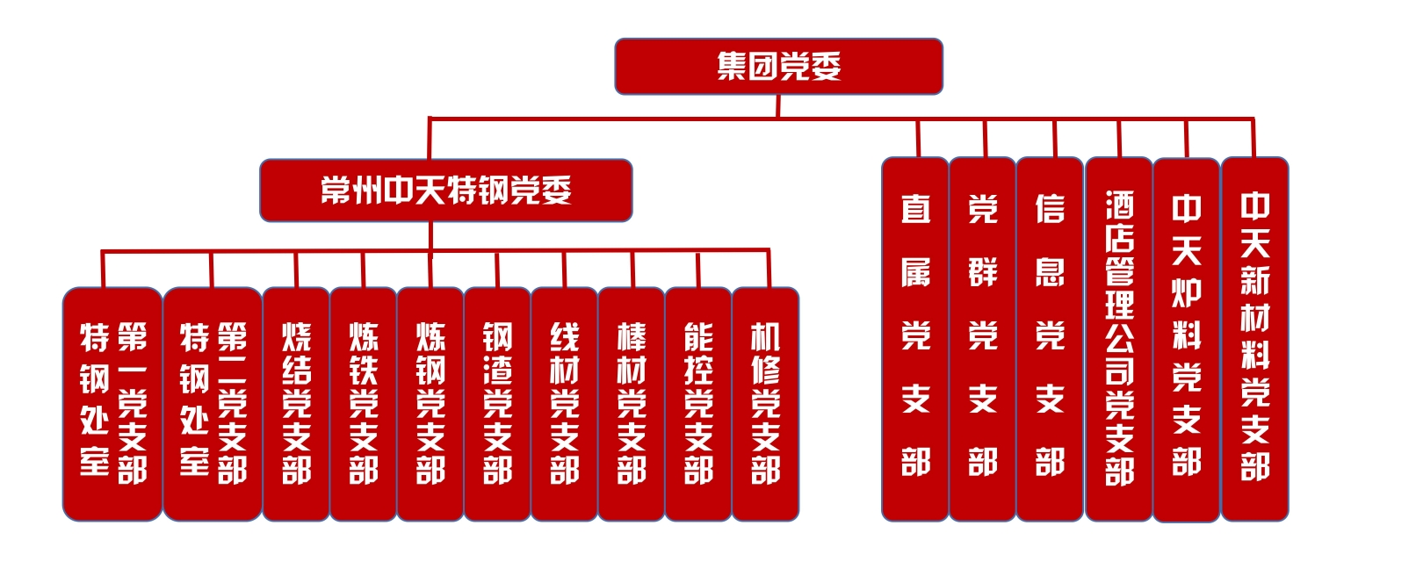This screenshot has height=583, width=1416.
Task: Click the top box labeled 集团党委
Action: click(x=778, y=67)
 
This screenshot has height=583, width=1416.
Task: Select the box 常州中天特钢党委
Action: click(x=446, y=191)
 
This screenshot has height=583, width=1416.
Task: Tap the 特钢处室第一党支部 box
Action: click(x=112, y=404)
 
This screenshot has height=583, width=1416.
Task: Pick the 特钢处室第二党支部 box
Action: click(x=213, y=404)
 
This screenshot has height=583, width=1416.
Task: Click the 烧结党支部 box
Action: click(x=296, y=404)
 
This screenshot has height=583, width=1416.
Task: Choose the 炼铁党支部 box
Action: click(x=363, y=404)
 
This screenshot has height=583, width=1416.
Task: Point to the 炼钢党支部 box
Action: click(x=430, y=404)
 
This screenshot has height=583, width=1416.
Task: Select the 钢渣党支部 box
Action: click(x=497, y=404)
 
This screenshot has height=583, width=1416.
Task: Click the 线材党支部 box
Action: click(x=564, y=404)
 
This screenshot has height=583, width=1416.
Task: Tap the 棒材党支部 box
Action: click(x=631, y=404)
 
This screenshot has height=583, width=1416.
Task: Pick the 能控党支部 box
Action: click(x=698, y=404)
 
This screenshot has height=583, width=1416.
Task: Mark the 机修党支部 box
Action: click(x=765, y=404)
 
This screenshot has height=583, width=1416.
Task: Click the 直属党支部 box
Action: click(x=915, y=339)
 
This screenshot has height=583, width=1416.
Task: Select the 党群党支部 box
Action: click(x=982, y=339)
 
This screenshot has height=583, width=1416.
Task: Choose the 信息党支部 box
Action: click(x=1050, y=339)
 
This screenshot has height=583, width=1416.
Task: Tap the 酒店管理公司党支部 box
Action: click(x=1119, y=339)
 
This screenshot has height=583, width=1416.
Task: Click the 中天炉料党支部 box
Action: click(x=1187, y=339)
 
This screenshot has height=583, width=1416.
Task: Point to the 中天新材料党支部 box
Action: click(x=1254, y=339)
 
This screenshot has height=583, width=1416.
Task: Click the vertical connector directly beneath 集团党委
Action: click(x=778, y=105)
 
